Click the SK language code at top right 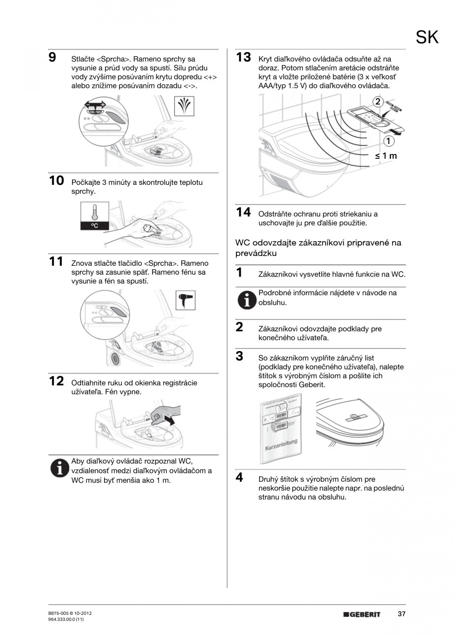point(427,37)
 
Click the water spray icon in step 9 point(186,106)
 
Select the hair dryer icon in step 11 point(186,299)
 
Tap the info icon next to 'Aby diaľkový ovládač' point(60,467)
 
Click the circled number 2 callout point(378,102)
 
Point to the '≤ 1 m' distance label point(385,156)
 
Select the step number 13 point(243,58)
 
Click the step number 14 point(243,212)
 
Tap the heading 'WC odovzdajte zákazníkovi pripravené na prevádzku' point(318,248)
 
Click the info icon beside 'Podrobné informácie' point(246,299)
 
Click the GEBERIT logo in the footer point(362,614)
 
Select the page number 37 point(401,614)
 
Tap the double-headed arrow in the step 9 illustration point(94,105)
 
